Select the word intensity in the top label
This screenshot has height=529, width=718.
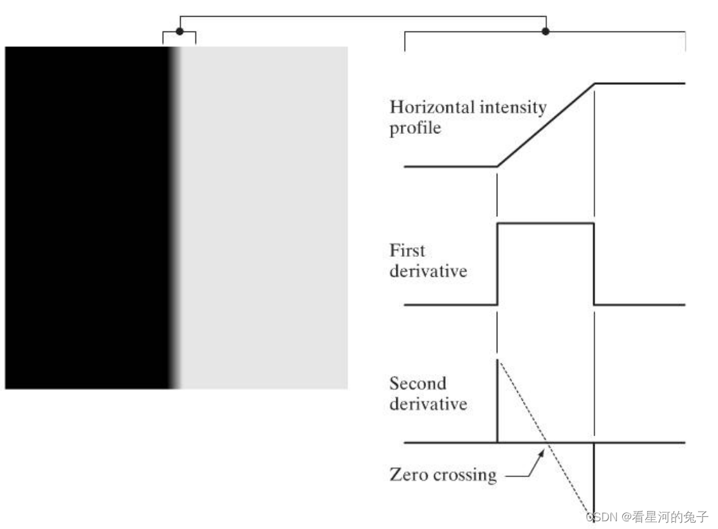tap(511, 107)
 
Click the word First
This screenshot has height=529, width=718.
tap(407, 250)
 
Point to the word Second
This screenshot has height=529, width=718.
tap(418, 384)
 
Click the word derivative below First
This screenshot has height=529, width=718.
tap(428, 270)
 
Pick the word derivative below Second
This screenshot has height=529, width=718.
tap(428, 405)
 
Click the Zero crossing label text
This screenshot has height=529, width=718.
tap(443, 476)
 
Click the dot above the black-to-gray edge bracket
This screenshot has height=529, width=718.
tap(179, 31)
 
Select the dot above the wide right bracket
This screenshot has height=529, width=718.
tap(546, 31)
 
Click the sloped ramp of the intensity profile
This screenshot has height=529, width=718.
tap(546, 124)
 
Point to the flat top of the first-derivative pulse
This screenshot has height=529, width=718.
tap(546, 223)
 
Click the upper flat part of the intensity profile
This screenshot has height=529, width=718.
tap(640, 83)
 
